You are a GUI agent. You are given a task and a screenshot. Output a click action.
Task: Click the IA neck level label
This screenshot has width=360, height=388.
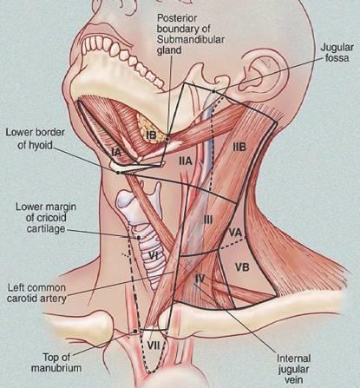coord(116,152)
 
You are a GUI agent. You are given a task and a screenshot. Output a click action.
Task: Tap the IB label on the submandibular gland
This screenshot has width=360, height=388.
coord(151,135)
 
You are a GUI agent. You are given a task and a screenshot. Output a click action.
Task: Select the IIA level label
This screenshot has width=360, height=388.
coord(186,161)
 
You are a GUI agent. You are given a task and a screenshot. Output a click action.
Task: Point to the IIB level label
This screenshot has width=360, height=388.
coord(239,148)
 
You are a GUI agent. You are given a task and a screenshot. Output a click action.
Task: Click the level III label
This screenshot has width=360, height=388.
coord(208,220)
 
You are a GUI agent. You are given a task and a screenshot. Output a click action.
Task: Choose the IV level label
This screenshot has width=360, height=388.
coord(200,279)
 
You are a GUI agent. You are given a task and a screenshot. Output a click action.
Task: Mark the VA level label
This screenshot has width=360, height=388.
coord(235,233)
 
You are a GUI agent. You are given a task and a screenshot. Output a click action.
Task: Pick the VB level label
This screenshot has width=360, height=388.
coord(242,267)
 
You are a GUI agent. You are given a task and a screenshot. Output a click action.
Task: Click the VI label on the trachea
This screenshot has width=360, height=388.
coord(151,255)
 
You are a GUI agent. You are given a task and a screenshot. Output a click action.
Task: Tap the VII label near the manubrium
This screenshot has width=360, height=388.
coord(154,345)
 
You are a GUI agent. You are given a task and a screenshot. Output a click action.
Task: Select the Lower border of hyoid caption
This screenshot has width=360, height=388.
coord(36,139)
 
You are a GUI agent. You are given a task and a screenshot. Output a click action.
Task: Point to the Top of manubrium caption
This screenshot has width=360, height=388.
coord(56,363)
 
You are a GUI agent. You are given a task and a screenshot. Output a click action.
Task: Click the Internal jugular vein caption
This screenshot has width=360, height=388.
coord(294,370)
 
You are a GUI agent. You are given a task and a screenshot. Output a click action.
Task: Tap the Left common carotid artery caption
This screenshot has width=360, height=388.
coord(36,293)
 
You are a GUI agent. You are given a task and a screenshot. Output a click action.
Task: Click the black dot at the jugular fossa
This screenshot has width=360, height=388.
coord(213,91)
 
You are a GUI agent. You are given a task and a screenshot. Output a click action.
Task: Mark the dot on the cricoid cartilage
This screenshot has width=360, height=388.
coord(139,238)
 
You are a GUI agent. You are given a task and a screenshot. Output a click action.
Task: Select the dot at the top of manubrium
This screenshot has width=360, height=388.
coord(134,331)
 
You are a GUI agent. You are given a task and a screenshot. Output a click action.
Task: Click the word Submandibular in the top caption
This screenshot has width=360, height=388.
coord(191,39)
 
